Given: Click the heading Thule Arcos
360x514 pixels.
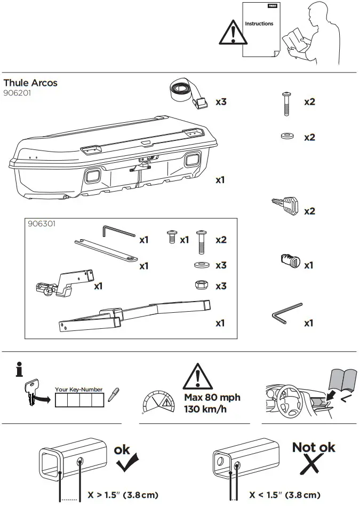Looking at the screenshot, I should pos(30,83).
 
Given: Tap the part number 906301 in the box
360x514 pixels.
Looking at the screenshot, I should pos(42,224).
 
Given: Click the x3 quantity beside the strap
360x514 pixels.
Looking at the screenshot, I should pos(221,101).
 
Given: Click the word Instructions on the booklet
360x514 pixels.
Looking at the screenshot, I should pos(259,24).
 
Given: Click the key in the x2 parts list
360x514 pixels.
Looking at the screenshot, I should pos(285,205).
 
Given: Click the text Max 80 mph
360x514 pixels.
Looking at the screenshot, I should pos(212,398).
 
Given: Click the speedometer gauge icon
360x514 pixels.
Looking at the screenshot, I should pos(158,402).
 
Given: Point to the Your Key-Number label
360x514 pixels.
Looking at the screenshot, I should pos(78,390).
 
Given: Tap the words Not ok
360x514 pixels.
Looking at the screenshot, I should pos(314,447).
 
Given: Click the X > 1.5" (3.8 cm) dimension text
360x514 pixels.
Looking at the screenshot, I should pos(123,495).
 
